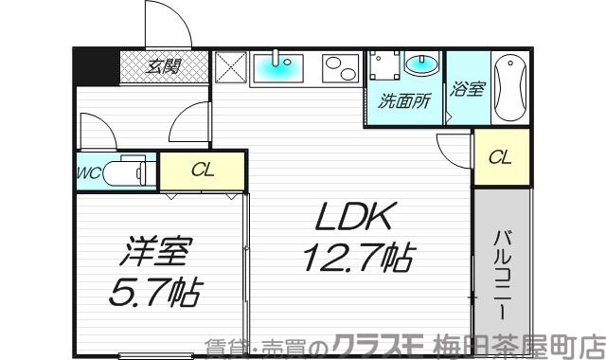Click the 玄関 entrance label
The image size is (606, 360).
pyautogui.click(x=164, y=67)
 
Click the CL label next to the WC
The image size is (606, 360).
pyautogui.click(x=202, y=171)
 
